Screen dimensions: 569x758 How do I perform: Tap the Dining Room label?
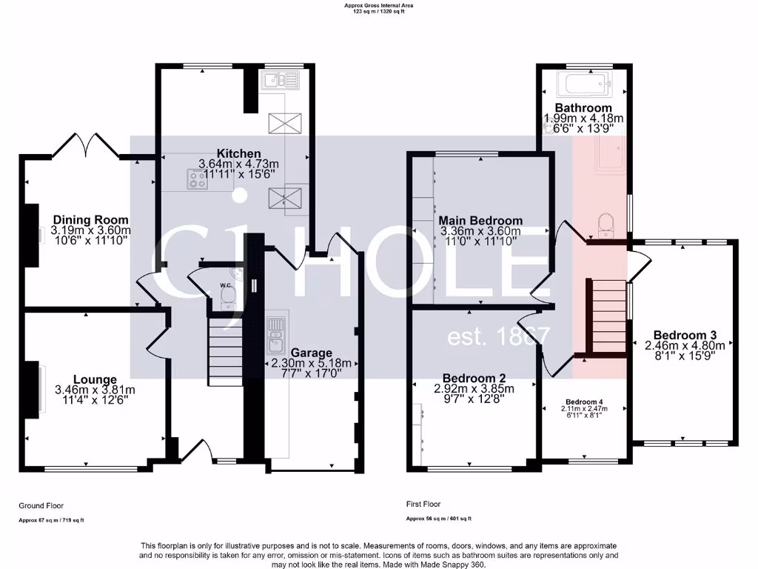[x=90, y=219]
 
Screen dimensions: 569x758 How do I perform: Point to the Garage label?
[x=311, y=353]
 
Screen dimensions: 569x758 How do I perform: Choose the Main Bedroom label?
[x=480, y=220]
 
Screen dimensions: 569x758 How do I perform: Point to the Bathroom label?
[x=583, y=107]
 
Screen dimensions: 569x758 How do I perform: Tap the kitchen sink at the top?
[x=279, y=80]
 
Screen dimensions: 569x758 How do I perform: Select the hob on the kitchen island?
[x=198, y=179]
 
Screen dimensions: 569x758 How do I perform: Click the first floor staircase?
[x=606, y=317]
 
